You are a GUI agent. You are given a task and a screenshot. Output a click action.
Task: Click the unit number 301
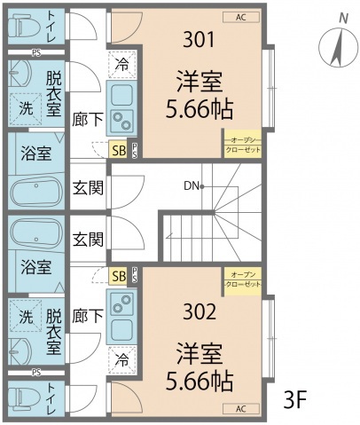[198, 39]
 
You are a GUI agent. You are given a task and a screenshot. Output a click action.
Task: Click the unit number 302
[198, 312]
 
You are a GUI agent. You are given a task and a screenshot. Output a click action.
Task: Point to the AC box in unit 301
[241, 17]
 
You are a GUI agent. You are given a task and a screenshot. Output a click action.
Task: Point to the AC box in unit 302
[241, 409]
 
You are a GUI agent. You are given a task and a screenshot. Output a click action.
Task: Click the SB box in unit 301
[118, 150]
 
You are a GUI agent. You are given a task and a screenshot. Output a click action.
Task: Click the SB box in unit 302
[118, 276]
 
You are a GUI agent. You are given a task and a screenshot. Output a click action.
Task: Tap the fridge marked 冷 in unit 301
[121, 64]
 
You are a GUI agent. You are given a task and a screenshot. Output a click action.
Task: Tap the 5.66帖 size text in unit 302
[199, 381]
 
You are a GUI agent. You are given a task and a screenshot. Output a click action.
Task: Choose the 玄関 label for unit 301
[87, 186]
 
